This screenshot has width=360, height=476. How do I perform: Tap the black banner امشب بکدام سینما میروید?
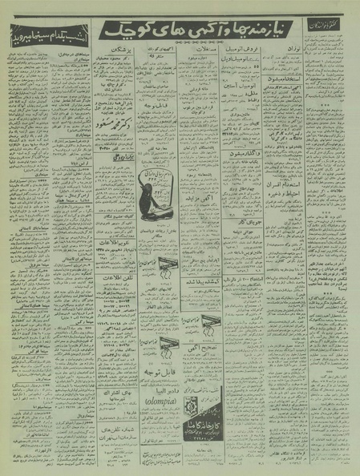[42, 35]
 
